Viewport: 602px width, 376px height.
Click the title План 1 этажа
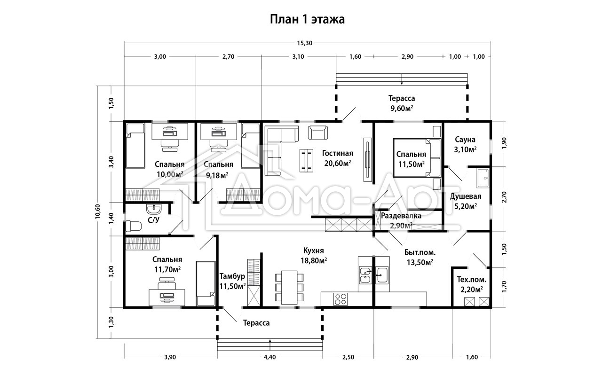307,20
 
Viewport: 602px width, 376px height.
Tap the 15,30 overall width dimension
304,43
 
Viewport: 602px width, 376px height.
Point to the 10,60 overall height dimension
97,211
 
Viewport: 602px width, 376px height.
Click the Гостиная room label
337,153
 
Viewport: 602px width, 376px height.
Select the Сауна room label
465,140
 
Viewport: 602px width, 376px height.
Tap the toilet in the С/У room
134,226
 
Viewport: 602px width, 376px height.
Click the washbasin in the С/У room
154,208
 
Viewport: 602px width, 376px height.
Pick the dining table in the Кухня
289,287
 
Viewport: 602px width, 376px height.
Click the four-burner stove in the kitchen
341,299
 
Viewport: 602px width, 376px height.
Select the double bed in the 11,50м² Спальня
417,157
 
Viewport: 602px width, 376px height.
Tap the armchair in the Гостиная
318,133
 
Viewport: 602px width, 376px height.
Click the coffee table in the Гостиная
306,160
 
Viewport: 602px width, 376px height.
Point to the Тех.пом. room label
472,280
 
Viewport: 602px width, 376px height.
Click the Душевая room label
466,196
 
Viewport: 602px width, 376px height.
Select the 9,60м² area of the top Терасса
402,108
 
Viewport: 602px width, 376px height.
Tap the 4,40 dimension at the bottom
270,357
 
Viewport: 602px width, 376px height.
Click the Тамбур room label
232,276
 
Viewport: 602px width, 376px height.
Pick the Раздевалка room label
401,216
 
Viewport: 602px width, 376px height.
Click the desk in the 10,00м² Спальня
170,132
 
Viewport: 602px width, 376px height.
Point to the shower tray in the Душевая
483,178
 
